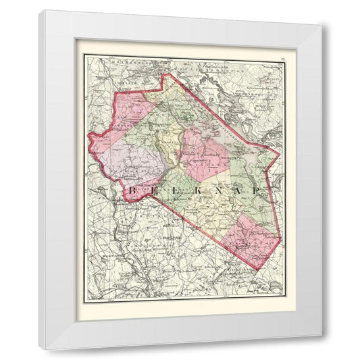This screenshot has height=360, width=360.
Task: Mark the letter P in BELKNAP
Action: pos(259,192)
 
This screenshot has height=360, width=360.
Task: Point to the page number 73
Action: pos(282,61)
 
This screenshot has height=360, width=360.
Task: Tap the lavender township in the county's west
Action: pos(135,165)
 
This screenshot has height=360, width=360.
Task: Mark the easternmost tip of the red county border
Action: pos(279,152)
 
